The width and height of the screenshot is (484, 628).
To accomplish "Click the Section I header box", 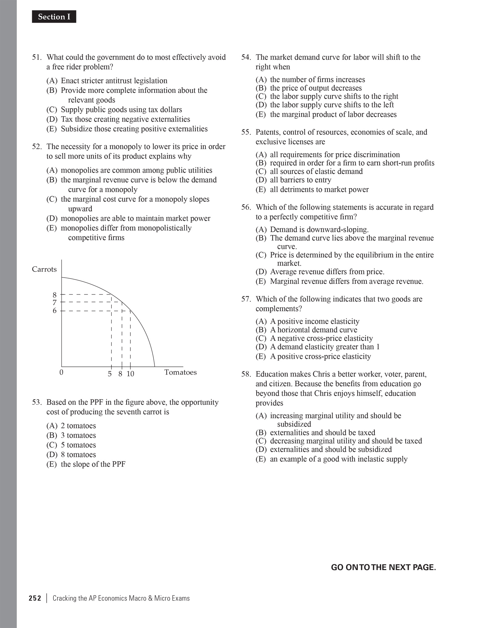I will [54, 17].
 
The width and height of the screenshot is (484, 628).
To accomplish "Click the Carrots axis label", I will [44, 269].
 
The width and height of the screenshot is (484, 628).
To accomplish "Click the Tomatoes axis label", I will [180, 372].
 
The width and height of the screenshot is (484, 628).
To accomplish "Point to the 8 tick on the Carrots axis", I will [55, 295].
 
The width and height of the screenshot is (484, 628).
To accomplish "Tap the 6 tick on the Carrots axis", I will [55, 311].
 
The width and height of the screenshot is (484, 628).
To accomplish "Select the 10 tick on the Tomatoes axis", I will [130, 374].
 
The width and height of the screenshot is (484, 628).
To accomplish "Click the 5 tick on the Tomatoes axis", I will [110, 374].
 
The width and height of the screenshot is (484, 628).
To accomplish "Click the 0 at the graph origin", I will [61, 372].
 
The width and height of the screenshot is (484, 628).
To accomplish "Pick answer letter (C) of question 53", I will [52, 445].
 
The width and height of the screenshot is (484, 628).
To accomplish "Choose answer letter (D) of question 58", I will [261, 449].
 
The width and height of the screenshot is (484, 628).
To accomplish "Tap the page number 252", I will [35, 598].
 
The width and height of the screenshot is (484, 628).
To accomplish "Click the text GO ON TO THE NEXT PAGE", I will [383, 567].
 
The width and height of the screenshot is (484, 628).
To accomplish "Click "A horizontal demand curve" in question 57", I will [313, 330].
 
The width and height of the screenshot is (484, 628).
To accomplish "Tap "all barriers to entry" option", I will [300, 180].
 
